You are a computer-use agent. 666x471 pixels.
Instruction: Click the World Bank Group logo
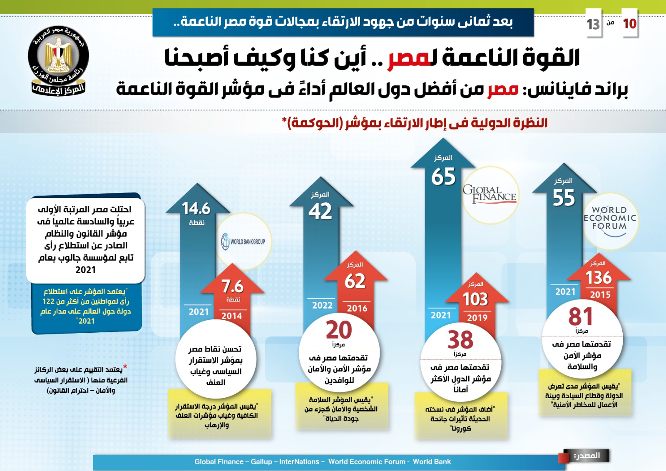pyautogui.click(x=244, y=242)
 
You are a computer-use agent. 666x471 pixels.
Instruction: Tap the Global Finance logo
pyautogui.click(x=490, y=194)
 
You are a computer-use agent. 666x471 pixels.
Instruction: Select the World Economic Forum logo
pyautogui.click(x=610, y=219)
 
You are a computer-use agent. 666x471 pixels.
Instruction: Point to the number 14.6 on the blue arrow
pyautogui.click(x=196, y=209)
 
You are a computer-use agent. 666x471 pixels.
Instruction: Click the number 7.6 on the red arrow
pyautogui.click(x=232, y=287)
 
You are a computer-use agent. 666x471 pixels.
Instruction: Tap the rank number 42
pyautogui.click(x=320, y=212)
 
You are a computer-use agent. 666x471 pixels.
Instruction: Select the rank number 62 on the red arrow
pyautogui.click(x=355, y=281)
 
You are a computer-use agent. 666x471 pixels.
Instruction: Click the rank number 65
pyautogui.click(x=443, y=177)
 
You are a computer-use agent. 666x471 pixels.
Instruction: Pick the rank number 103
pyautogui.click(x=475, y=299)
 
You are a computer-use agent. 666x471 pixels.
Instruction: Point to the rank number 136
pyautogui.click(x=599, y=278)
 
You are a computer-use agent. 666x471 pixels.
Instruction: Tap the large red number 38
pyautogui.click(x=460, y=340)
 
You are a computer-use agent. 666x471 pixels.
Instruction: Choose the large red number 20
pyautogui.click(x=339, y=330)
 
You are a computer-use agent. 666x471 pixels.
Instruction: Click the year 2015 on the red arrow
pyautogui.click(x=600, y=295)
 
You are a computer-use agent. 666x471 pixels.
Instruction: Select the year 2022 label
pyautogui.click(x=323, y=305)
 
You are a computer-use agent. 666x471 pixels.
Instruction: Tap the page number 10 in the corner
pyautogui.click(x=629, y=24)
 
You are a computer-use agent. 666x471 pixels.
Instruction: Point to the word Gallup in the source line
pyautogui.click(x=261, y=461)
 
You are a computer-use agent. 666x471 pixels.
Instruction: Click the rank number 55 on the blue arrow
pyautogui.click(x=564, y=198)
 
